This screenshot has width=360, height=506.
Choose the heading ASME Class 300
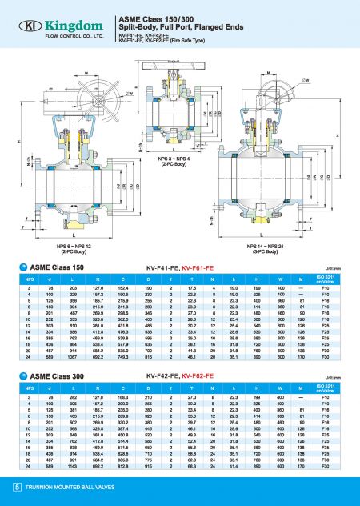point(56,373)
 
